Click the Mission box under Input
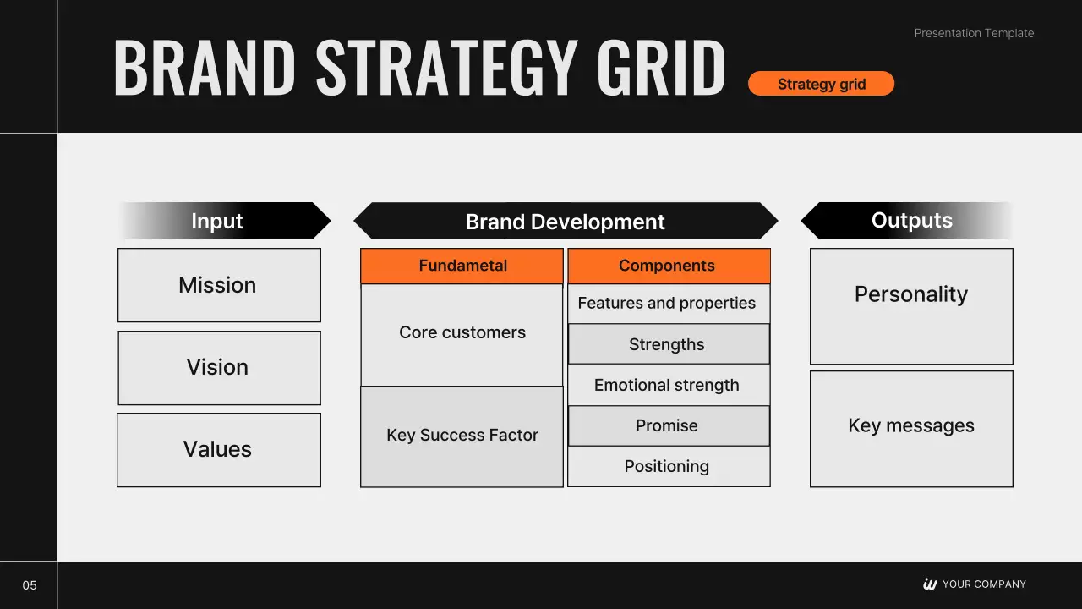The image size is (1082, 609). tap(219, 285)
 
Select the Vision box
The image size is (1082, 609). tap(219, 368)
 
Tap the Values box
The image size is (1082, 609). tap(219, 450)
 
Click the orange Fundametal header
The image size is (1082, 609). tap(462, 266)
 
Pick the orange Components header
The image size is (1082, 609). tap(669, 266)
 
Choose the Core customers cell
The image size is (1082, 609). tap(462, 335)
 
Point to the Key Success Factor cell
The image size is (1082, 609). tap(462, 436)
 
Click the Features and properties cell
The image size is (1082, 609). tap(669, 304)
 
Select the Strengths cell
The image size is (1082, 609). tap(669, 344)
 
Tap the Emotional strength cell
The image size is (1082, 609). tap(669, 385)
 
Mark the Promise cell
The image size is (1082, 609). tap(669, 425)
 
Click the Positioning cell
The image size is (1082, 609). tap(669, 466)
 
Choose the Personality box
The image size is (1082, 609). tap(911, 306)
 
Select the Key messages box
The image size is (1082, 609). tap(911, 429)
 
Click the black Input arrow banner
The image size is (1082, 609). tap(225, 221)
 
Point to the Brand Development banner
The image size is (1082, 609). tap(566, 221)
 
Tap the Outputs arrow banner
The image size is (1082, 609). tap(907, 221)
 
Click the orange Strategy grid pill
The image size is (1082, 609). tap(821, 84)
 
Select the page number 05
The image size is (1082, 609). tap(30, 585)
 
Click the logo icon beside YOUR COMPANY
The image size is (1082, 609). tap(930, 584)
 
